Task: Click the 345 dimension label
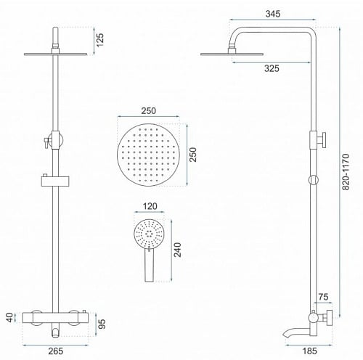[273, 14]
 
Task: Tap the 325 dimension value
[272, 68]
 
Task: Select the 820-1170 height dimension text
[346, 171]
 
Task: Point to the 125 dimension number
[99, 40]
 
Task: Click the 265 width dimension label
[56, 351]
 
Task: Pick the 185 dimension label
[310, 351]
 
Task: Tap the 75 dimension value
[323, 297]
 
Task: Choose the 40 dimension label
[9, 317]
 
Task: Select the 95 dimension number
[102, 324]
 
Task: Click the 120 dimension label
[150, 206]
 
